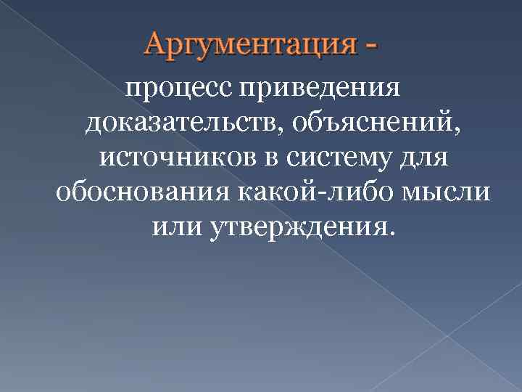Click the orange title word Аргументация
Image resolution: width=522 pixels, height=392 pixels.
pyautogui.click(x=250, y=46)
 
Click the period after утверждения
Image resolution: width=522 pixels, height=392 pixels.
pyautogui.click(x=392, y=232)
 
